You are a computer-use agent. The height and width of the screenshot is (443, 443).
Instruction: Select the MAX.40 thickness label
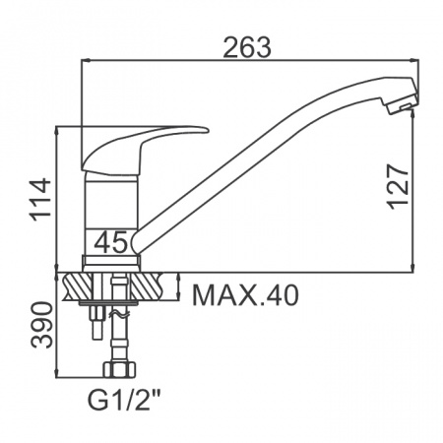coord(243,293)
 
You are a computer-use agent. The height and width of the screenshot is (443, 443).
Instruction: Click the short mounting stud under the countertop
coord(95,320)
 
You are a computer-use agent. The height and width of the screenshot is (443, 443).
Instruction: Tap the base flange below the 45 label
coord(110,262)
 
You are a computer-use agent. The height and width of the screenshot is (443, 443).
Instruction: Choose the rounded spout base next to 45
coord(139,239)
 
